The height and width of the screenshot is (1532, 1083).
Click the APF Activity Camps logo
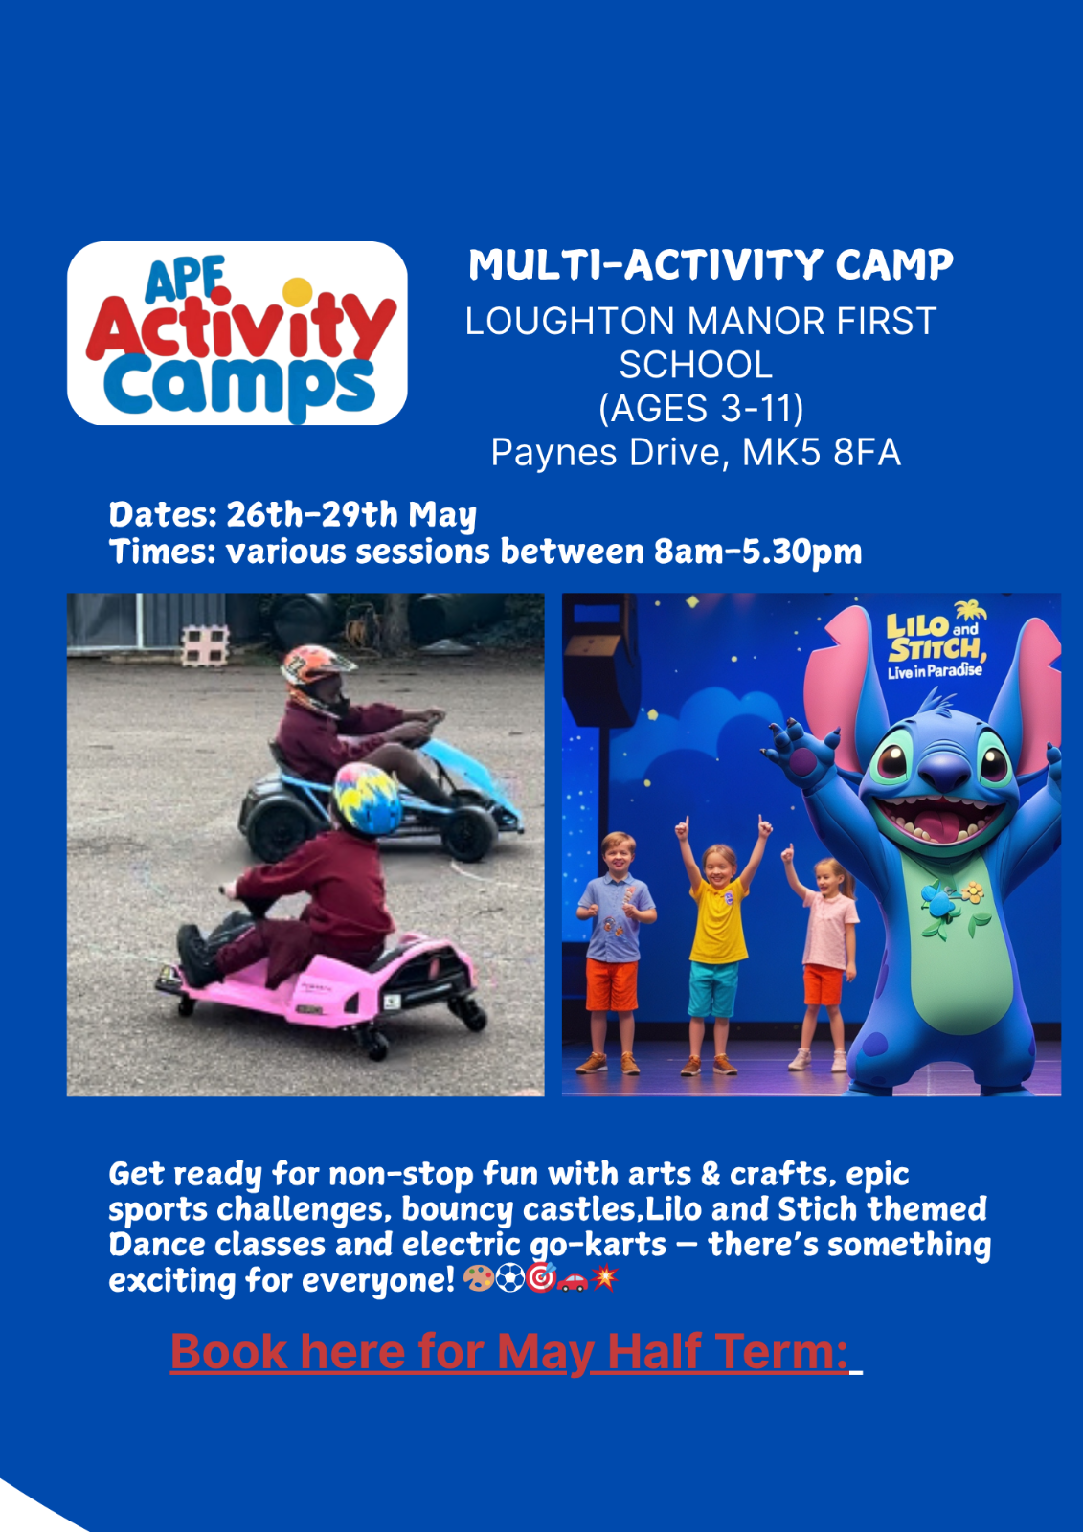[237, 333]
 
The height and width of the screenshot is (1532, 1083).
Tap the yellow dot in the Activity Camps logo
[298, 292]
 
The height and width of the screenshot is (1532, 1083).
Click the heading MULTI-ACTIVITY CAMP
[711, 264]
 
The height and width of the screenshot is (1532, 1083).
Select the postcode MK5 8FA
[821, 452]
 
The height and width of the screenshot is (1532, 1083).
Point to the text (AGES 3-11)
[701, 408]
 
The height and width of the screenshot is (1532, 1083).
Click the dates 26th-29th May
[351, 515]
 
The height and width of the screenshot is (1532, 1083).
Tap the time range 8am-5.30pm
[757, 552]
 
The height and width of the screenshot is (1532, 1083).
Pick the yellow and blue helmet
[368, 799]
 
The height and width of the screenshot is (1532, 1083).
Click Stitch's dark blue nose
[944, 772]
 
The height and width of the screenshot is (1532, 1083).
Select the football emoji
[509, 1277]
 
